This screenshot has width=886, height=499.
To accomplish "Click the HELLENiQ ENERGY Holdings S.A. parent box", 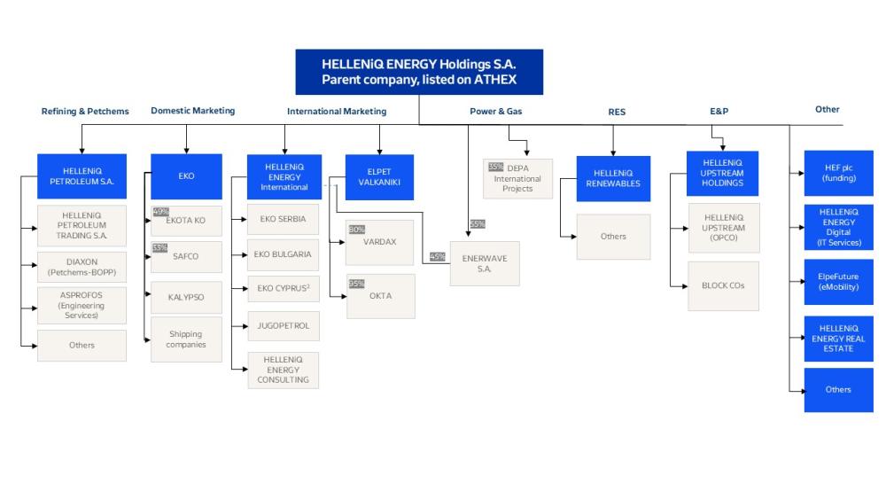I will [419, 72].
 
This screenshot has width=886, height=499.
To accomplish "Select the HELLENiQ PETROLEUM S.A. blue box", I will [82, 175].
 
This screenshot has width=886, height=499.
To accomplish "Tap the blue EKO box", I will [186, 175].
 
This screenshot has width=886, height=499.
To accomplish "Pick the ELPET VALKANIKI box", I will [379, 175].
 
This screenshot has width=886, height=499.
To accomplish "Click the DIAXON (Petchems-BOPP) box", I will [82, 268].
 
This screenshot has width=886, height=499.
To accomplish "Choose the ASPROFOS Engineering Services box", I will [82, 305].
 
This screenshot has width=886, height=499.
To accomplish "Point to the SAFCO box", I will [186, 257].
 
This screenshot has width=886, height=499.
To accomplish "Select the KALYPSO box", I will [186, 297].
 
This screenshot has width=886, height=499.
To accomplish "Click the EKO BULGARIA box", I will [283, 254].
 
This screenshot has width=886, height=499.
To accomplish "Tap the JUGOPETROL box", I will [283, 325].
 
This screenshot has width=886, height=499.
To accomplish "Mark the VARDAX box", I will [379, 242].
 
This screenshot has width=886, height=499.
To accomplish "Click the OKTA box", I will [380, 296].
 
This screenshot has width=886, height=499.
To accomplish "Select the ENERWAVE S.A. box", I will [484, 263].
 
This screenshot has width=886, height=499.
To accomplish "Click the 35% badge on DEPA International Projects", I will [494, 166].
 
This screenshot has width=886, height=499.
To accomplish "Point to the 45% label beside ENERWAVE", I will [438, 257].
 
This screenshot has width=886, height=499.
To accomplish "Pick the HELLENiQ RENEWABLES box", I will [613, 178].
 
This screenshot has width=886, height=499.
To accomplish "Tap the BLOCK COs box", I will [723, 285].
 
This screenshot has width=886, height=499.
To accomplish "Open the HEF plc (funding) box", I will [838, 173].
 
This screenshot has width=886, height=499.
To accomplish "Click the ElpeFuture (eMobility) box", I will [838, 281].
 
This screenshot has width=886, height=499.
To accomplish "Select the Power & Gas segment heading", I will [494, 112].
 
